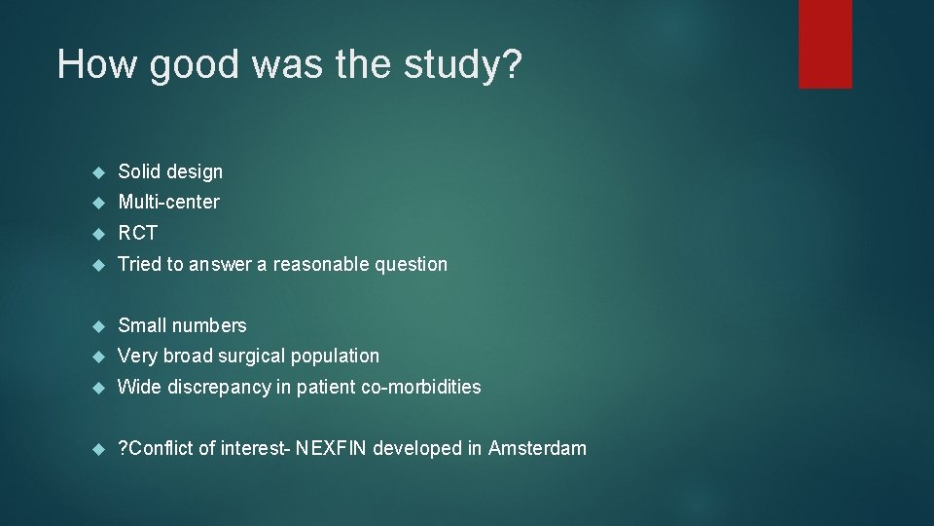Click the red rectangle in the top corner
tap(825, 44)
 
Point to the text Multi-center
tap(168, 203)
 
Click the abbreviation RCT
tap(137, 234)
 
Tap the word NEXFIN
tap(334, 448)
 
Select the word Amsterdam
tap(537, 448)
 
